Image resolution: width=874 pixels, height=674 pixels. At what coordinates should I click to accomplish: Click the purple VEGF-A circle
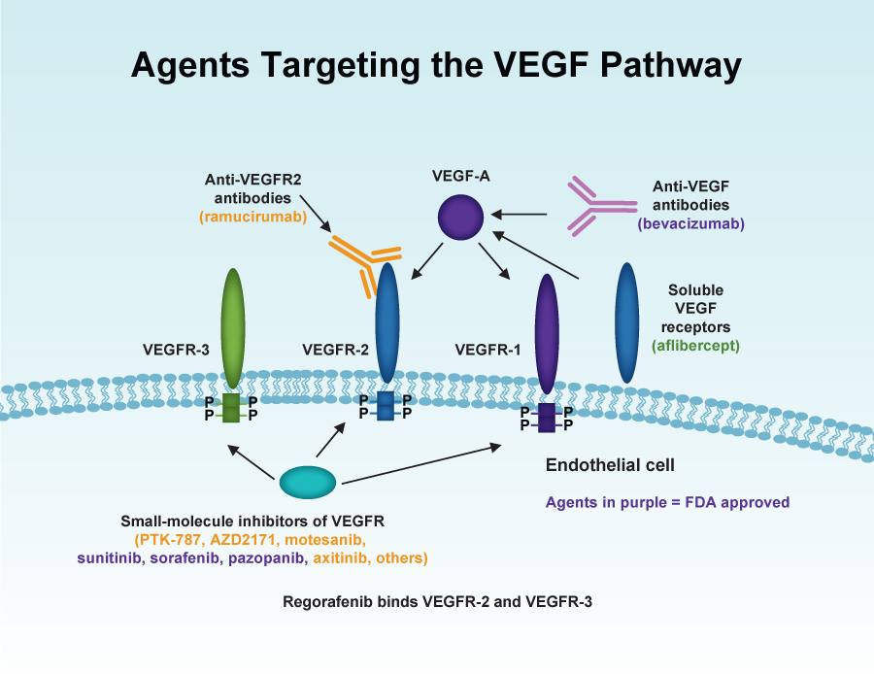460,218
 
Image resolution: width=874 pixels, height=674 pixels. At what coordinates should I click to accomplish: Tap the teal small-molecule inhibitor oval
308,483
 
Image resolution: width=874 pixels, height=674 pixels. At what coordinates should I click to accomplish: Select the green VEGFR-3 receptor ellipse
233,329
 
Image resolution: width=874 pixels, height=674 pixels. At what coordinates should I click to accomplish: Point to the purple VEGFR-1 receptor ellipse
547,334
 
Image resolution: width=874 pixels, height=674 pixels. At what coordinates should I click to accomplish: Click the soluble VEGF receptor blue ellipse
627,322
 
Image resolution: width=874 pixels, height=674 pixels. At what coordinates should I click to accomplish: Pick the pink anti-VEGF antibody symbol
602,206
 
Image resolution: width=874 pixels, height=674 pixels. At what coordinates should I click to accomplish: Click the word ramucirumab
253,217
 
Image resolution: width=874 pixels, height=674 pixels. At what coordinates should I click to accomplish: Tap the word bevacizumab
691,223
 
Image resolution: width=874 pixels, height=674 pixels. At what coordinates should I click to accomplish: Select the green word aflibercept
695,346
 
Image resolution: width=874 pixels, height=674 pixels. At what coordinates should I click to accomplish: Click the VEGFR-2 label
336,350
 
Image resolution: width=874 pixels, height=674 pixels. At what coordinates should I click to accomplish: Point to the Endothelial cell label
610,465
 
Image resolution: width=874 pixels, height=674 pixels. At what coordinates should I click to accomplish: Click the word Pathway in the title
671,65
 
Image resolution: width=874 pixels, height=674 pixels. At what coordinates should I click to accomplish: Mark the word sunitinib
109,558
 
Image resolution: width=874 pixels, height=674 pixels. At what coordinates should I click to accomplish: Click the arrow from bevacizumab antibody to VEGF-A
519,214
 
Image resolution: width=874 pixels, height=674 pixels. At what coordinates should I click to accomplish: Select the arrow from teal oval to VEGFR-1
421,464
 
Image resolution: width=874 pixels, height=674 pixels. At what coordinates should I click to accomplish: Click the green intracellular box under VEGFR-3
231,408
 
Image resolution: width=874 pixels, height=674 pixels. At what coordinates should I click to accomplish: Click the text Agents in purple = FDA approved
667,502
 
